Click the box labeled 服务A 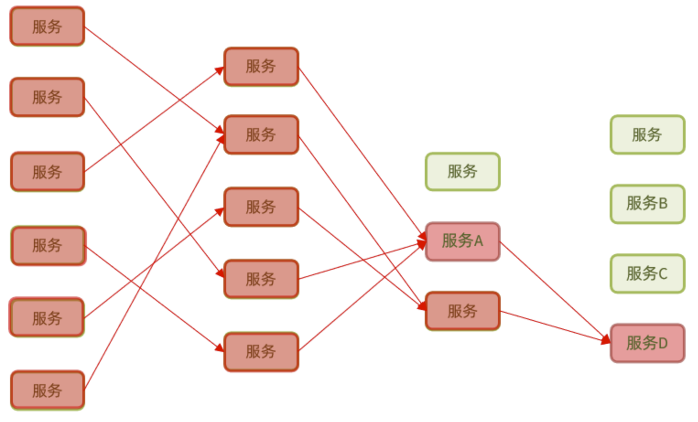[x=462, y=241]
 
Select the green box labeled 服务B [x=647, y=204]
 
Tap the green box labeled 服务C [x=647, y=273]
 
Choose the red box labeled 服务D [x=647, y=343]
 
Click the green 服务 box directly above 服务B [x=647, y=134]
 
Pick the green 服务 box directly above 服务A [x=462, y=171]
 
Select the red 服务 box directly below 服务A [x=462, y=311]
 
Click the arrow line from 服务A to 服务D [x=554, y=292]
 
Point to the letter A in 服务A [x=478, y=241]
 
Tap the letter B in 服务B [x=663, y=203]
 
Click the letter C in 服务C [x=662, y=274]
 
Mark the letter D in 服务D [x=663, y=343]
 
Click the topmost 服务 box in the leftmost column [x=47, y=26]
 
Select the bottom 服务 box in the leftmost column [x=47, y=390]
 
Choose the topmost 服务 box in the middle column [x=261, y=66]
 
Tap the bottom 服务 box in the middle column [x=261, y=351]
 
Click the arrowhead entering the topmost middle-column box [x=220, y=70]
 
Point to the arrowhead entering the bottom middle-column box [x=220, y=348]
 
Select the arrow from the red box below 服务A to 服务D [x=554, y=326]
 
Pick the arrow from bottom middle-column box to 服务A [x=362, y=297]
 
